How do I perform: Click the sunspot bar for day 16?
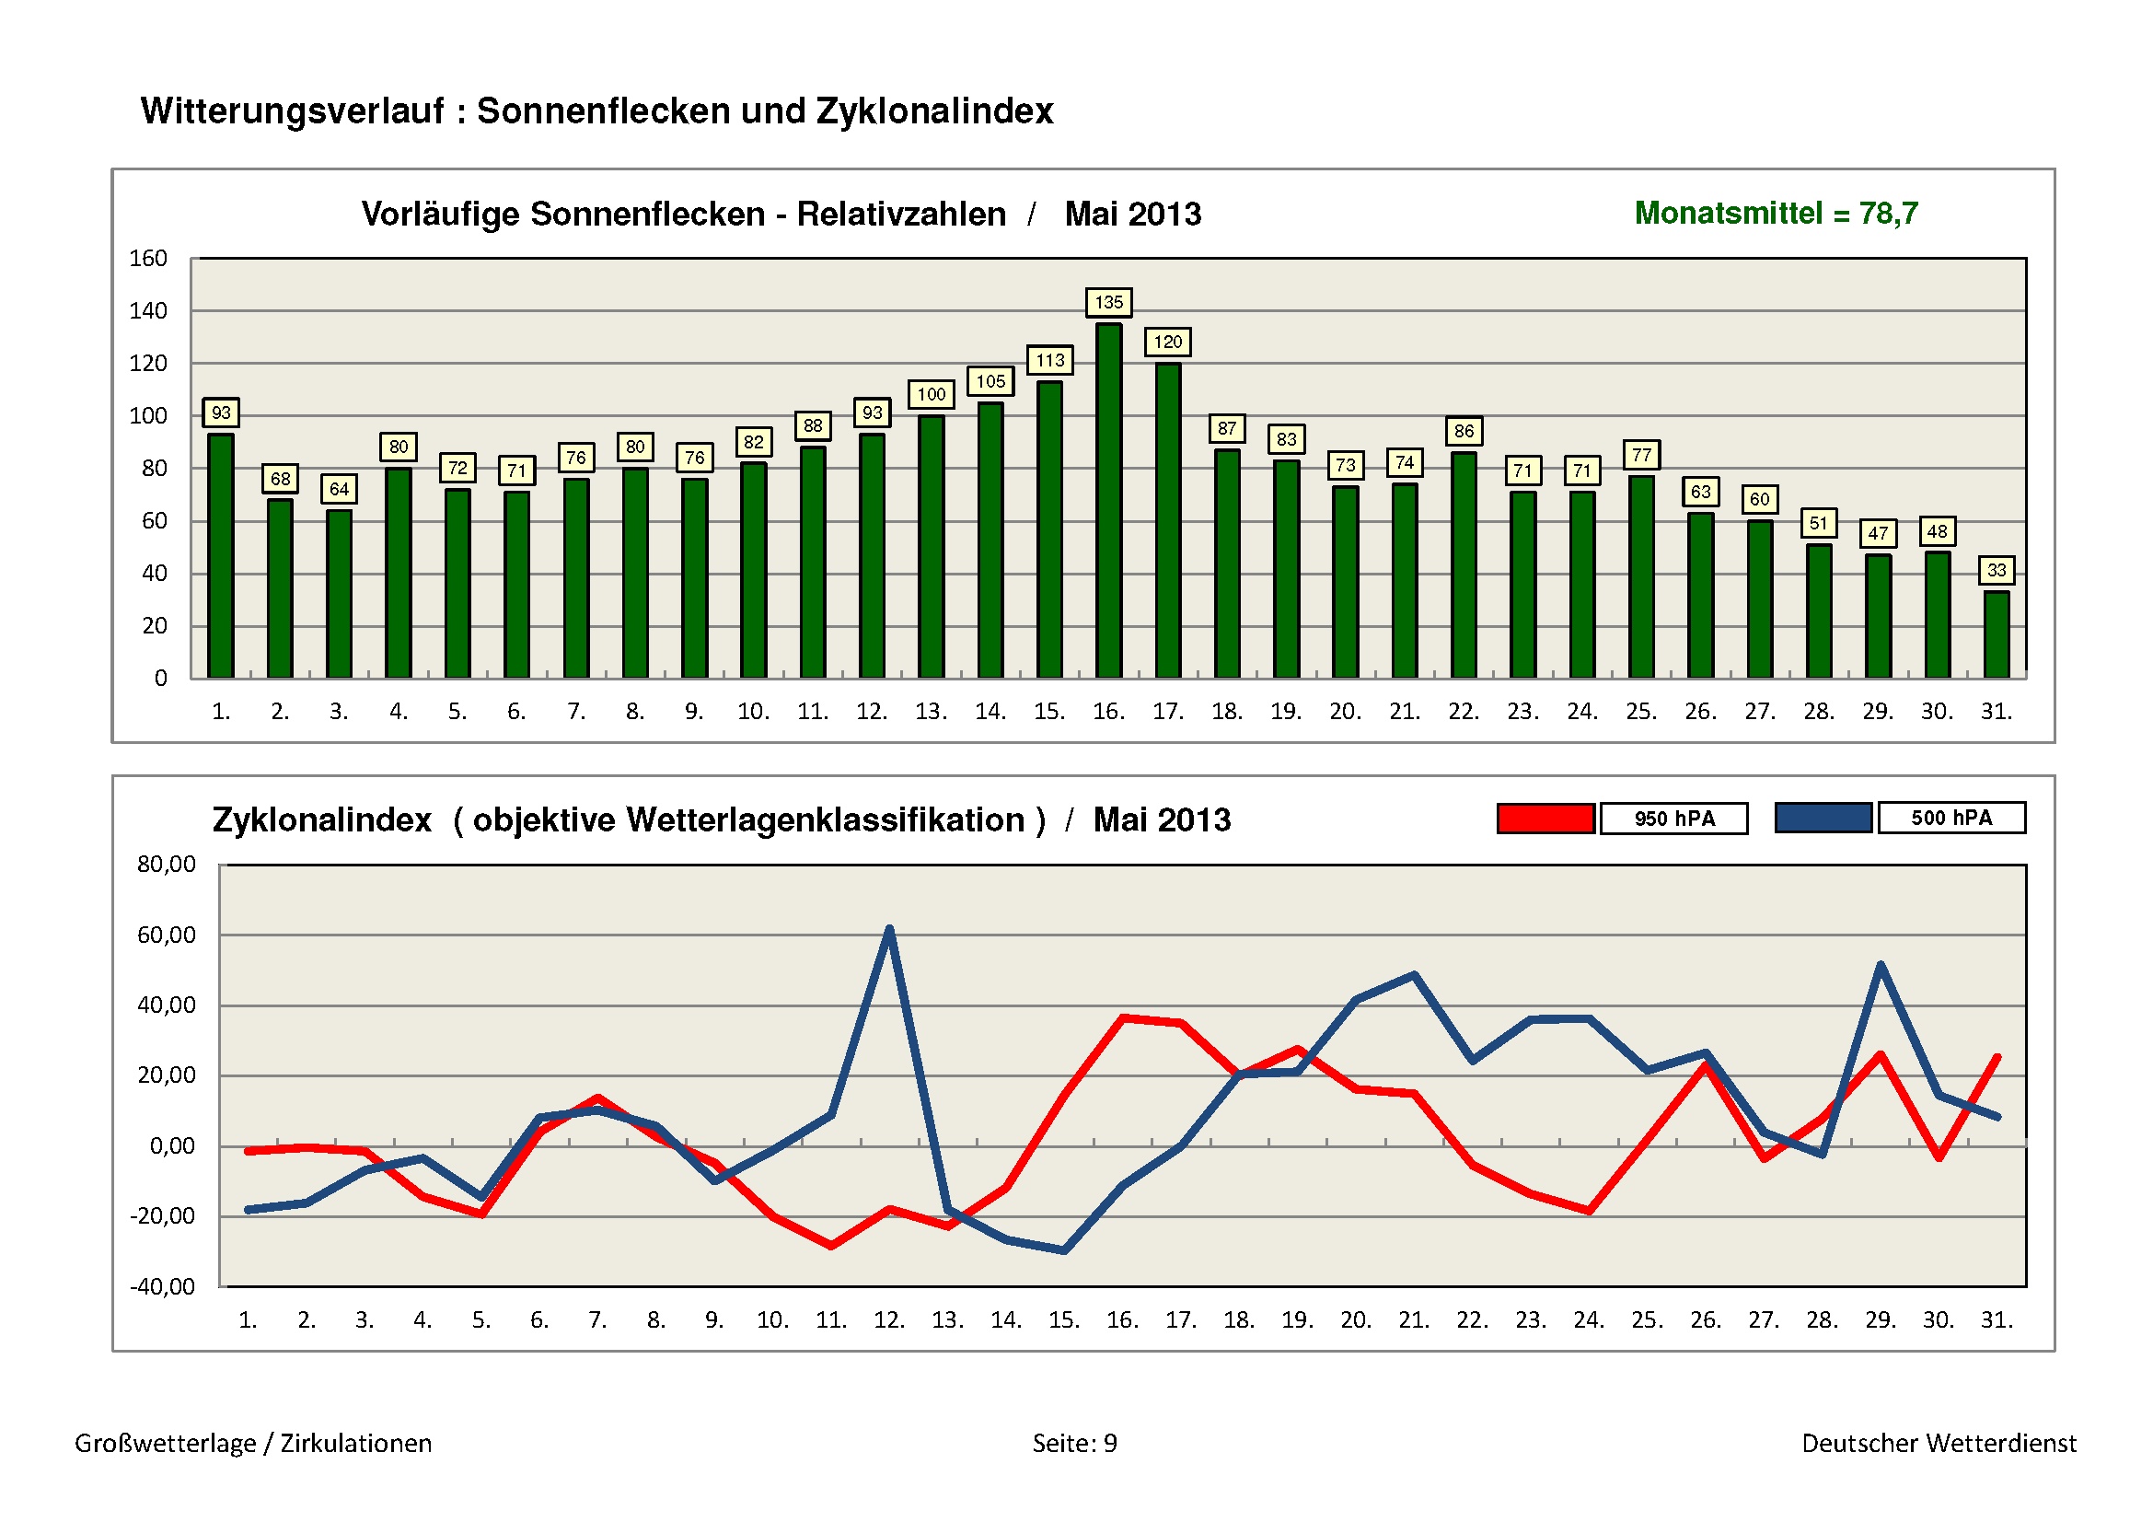click(x=1108, y=501)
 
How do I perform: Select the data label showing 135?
click(x=1108, y=302)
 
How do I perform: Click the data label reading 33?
click(x=1997, y=570)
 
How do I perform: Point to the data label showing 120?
click(x=1167, y=343)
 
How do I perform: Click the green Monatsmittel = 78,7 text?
click(x=1776, y=214)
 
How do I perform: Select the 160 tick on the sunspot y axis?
click(x=148, y=259)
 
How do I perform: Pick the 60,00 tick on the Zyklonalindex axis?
click(x=167, y=935)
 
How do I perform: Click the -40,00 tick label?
click(x=163, y=1286)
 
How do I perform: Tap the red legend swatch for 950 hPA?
click(x=1545, y=819)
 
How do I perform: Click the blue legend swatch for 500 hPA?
click(x=1823, y=818)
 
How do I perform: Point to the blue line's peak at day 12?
click(x=889, y=930)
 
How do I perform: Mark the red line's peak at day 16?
click(x=1123, y=1018)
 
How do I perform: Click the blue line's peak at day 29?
click(x=1881, y=966)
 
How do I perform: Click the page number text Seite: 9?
click(x=1074, y=1443)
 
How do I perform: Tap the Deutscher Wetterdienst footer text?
click(x=1939, y=1443)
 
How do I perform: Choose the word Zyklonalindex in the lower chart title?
click(x=321, y=820)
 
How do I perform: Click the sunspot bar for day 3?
click(x=339, y=594)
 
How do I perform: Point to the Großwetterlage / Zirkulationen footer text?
click(x=253, y=1443)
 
